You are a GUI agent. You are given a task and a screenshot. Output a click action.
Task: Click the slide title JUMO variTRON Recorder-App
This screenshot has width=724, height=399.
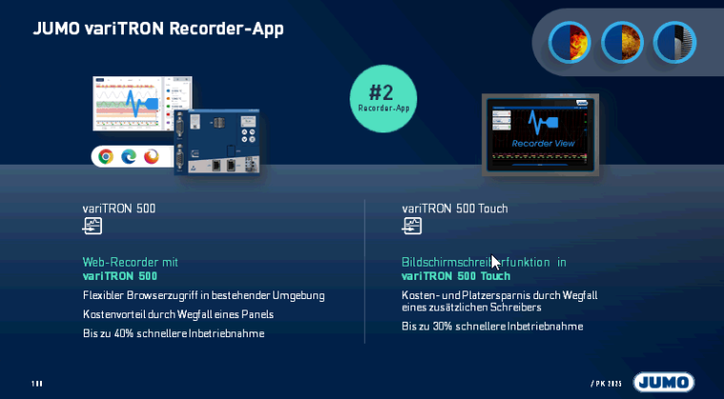tap(158, 28)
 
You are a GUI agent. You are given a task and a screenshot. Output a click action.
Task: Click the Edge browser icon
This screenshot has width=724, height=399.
tap(129, 156)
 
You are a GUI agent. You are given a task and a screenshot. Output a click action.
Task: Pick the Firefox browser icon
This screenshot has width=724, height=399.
tap(151, 156)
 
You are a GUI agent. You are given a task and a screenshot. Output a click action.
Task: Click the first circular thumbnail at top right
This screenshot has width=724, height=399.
tap(570, 43)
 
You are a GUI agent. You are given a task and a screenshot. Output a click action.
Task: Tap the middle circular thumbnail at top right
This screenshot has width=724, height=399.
tap(622, 43)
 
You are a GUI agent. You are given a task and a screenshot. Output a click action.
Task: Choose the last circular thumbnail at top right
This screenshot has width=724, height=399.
tap(674, 43)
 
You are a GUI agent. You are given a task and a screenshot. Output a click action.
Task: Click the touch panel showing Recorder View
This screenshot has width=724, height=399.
tap(540, 134)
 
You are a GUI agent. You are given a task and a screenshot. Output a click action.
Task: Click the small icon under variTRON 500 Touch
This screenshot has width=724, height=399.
tap(412, 227)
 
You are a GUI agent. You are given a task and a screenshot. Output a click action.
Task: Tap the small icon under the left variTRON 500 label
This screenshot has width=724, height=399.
tap(91, 227)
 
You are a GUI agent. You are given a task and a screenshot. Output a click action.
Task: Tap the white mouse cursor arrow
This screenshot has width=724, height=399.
tap(495, 262)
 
